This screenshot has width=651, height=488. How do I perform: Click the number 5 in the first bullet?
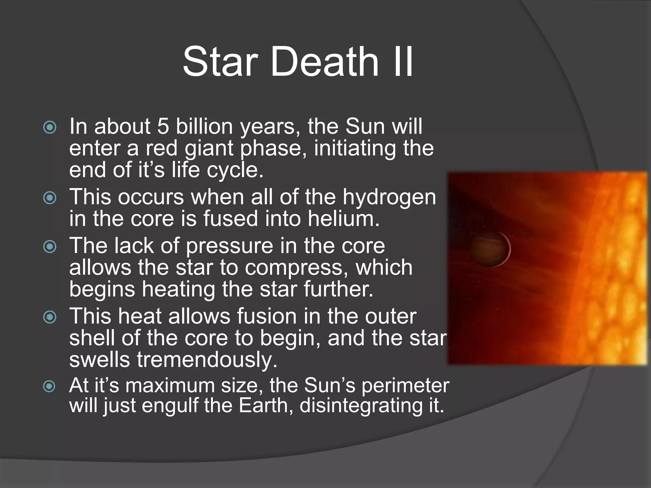click(163, 126)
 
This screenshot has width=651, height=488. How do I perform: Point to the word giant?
click(209, 149)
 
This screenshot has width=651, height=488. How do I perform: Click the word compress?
click(294, 267)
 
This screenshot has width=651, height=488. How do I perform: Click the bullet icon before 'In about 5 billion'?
click(50, 127)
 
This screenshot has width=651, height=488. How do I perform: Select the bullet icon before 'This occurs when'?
click(50, 198)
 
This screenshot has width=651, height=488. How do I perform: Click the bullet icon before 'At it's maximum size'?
click(50, 386)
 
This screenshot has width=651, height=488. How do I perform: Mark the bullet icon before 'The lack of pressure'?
click(50, 247)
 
